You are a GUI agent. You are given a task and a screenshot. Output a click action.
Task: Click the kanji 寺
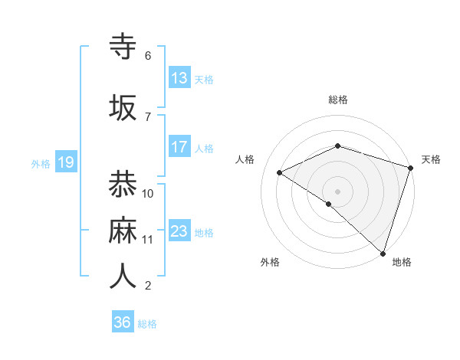(x=123, y=46)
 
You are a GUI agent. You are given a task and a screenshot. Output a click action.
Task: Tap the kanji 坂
(x=123, y=106)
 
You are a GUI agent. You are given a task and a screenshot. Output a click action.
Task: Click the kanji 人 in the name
(x=123, y=276)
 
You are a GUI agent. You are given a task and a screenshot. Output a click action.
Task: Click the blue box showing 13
(x=179, y=78)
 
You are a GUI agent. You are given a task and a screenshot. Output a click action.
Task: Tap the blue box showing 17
(x=179, y=147)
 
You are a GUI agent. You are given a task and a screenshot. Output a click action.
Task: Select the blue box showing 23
(x=179, y=231)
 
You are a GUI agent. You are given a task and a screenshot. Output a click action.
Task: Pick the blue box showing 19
(x=65, y=162)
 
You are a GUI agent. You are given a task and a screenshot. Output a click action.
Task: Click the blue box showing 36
(x=123, y=322)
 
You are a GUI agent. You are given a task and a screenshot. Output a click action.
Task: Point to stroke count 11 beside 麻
(x=148, y=240)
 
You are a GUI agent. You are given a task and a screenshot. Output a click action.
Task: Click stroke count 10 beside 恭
(x=148, y=193)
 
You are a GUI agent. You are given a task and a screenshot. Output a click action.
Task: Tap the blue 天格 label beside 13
(x=204, y=79)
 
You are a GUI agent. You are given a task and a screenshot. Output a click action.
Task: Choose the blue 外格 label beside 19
(x=41, y=163)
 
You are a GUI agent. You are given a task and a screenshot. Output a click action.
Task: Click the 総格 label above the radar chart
(x=338, y=100)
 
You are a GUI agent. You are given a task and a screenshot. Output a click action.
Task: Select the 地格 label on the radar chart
(x=402, y=262)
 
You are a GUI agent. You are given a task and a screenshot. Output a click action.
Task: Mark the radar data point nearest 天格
(x=411, y=168)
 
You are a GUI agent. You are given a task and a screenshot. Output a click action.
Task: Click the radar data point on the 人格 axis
(x=280, y=173)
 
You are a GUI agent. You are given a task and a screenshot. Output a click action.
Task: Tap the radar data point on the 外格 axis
(x=329, y=204)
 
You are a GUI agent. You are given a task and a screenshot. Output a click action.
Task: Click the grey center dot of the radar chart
(x=338, y=191)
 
